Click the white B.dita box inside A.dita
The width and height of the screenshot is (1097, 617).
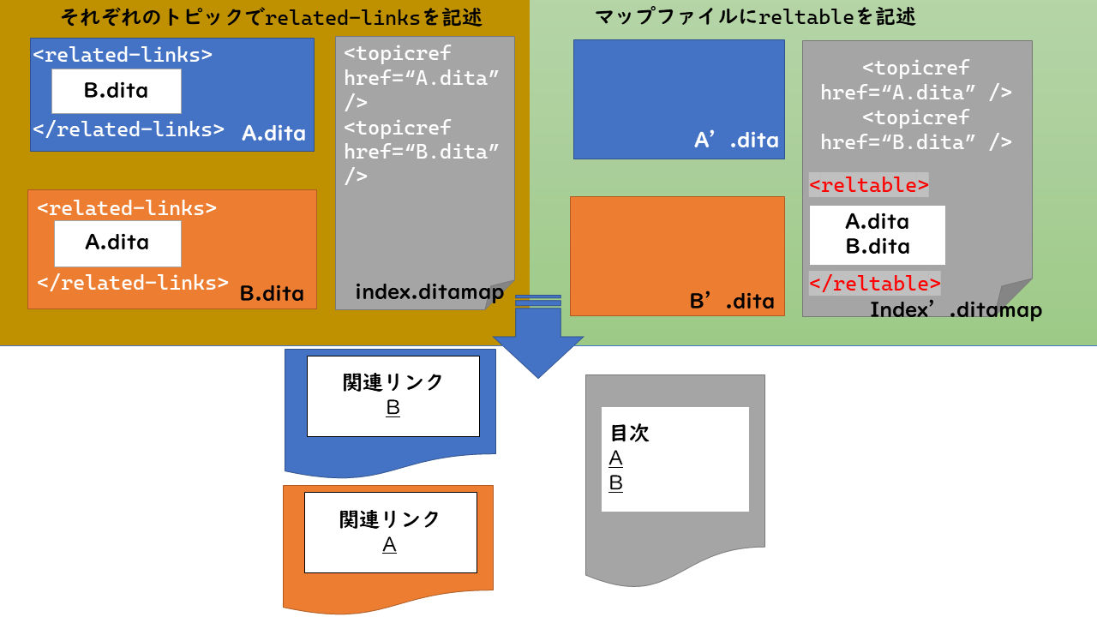pos(117,91)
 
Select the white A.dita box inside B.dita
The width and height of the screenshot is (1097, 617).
pos(117,243)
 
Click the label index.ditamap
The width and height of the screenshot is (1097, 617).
pos(429,292)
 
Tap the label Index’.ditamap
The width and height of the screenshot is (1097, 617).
pos(956,309)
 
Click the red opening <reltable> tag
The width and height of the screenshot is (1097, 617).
pos(868,185)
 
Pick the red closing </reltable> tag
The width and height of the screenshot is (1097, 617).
pos(874,284)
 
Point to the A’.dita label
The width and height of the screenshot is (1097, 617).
pos(736,141)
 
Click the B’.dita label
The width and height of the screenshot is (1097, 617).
pos(732,301)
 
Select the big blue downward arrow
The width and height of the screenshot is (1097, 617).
pos(538,338)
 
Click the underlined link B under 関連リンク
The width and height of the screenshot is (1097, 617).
pos(393,408)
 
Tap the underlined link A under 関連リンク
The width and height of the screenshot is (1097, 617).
pos(389,545)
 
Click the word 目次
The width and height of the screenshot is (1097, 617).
pos(629,434)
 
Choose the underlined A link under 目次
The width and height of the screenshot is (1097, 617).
pos(615,458)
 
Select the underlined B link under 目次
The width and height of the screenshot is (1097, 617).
pos(615,483)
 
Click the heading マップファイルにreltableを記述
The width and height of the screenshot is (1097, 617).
pos(755,17)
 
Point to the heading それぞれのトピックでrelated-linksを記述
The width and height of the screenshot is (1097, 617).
pos(271,17)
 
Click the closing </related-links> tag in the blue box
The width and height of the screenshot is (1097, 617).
pos(129,130)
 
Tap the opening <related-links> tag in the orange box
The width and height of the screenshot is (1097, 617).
pos(127,208)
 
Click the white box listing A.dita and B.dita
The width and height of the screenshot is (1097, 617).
pos(877,234)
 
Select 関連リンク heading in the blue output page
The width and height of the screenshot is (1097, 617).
pos(393,382)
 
